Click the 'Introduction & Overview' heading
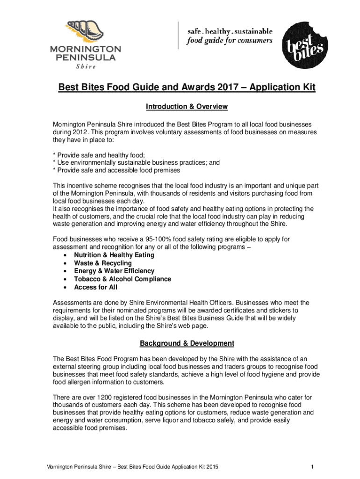point(187,107)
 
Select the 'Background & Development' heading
point(187,343)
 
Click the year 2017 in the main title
point(207,88)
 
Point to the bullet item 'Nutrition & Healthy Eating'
point(114,255)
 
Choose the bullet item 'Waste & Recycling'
point(103,263)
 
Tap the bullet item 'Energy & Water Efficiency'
point(114,271)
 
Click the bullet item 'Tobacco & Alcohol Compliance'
point(122,279)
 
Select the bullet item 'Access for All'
point(95,287)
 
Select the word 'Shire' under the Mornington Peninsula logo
point(86,66)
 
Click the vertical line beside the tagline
point(178,35)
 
